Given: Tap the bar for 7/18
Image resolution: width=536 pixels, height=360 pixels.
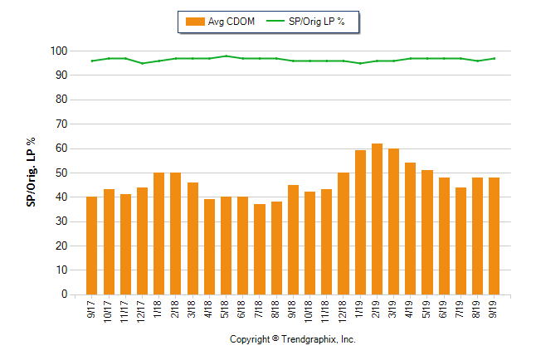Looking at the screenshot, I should point(259,249).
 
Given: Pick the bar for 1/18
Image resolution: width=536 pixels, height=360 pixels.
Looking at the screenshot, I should point(158,233).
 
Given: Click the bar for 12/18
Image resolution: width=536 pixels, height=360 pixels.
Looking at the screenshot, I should point(344,233).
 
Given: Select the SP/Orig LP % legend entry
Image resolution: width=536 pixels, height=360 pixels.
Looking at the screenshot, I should point(311,22).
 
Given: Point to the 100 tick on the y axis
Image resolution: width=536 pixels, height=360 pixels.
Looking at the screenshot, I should point(58,51).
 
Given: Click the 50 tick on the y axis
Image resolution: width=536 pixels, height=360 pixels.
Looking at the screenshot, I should point(61,173).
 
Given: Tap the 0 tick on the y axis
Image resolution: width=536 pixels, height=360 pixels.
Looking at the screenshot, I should point(63,294).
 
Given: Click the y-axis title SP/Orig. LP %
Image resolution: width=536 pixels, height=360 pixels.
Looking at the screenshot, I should point(31,173).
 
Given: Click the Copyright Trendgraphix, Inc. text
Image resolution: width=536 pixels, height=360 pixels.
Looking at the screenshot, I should point(292,339).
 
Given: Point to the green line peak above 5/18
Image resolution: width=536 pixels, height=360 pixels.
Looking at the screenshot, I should point(226,56).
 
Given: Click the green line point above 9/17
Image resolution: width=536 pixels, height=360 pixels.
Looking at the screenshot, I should point(91,61).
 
